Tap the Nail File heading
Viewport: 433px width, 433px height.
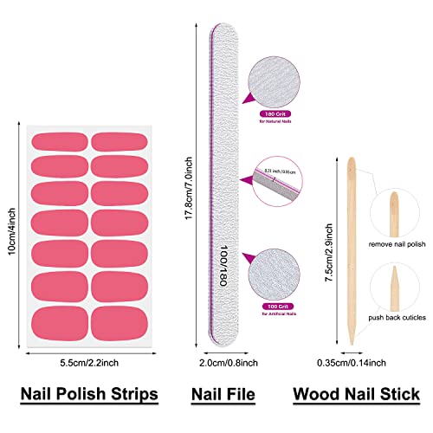click(223, 394)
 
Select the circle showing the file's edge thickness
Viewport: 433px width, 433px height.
click(274, 174)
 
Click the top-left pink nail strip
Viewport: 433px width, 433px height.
click(59, 142)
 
